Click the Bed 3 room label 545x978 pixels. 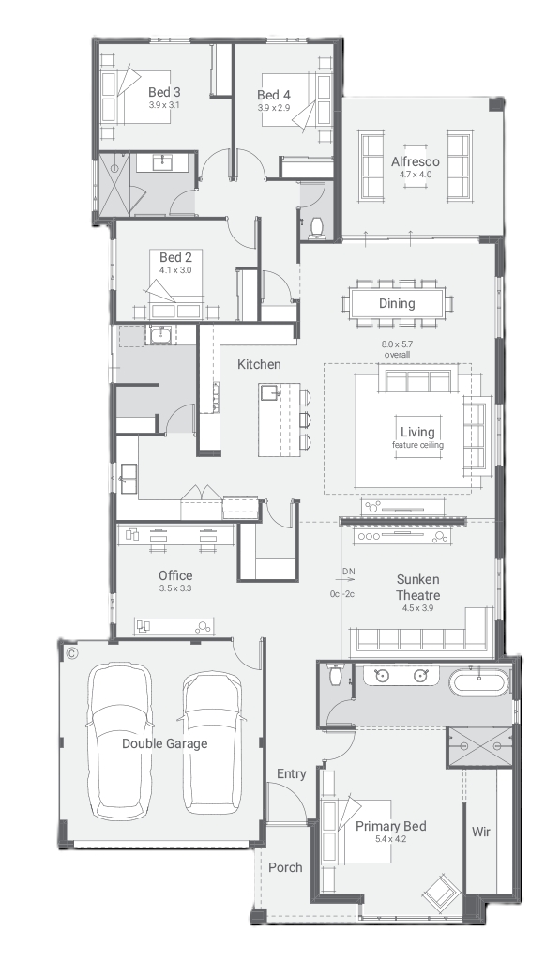coord(164,92)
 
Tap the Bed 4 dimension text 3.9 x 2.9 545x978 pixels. coord(274,108)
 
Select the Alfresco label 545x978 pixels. coord(416,161)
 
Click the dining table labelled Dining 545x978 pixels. coord(397,304)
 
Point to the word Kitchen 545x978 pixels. coord(259,364)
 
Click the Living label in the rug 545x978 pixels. coord(417,432)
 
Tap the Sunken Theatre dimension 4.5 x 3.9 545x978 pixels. coord(417,608)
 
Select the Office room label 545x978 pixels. coord(175,575)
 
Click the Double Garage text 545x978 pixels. coord(164,743)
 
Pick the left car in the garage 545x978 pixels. coord(118,741)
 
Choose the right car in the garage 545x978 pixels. coord(213,742)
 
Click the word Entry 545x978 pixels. coord(291,774)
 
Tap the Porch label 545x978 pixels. coord(285,867)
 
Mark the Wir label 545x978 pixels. coord(481,832)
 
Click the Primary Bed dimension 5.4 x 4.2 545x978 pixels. coord(390,839)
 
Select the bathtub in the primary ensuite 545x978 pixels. coord(479,681)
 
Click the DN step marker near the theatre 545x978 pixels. coord(348,572)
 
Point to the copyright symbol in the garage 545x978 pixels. coord(71,653)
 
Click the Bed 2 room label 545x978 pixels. coord(175,257)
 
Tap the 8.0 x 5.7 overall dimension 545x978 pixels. coord(397,349)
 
